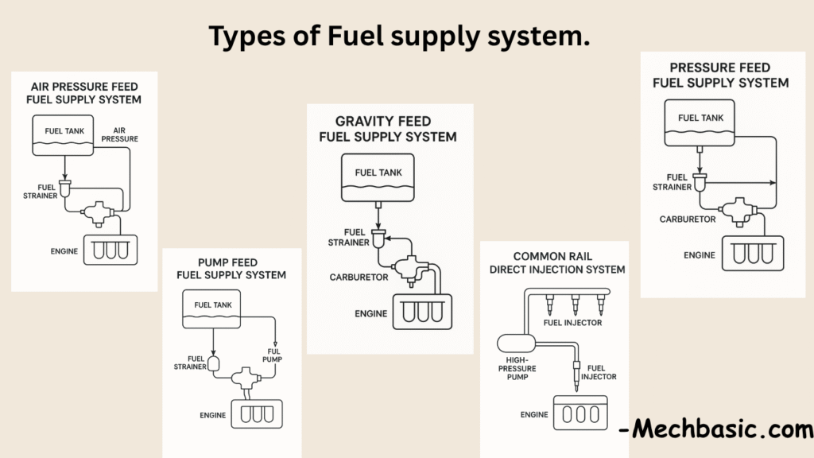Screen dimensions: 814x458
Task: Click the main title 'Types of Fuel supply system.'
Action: coord(399,37)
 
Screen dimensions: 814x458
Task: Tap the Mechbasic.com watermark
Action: coord(716,429)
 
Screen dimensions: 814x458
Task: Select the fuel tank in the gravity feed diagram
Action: coord(378,177)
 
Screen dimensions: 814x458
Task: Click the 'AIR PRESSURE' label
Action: coord(119,134)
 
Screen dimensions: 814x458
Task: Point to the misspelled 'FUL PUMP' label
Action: coord(273,355)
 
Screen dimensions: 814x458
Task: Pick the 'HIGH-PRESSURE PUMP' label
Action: coord(517,368)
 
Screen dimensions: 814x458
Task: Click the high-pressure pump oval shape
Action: coord(516,343)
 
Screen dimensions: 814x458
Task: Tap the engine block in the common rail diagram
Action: coord(580,413)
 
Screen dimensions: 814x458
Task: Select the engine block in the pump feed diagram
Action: coord(257,413)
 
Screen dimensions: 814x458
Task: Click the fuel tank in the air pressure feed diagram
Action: coord(63,135)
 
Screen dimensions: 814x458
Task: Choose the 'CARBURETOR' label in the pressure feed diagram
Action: coord(688,219)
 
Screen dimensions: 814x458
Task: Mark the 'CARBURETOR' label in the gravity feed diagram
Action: coord(359,278)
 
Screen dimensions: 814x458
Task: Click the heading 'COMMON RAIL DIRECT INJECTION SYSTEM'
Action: coord(557,262)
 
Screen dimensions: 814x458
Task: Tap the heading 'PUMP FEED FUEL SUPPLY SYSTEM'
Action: coord(231,269)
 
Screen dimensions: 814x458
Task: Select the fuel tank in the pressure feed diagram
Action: coord(700,122)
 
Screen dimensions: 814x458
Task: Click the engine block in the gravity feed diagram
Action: coord(423,312)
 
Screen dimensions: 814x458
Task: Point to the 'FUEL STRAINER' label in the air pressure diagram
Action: coord(40,192)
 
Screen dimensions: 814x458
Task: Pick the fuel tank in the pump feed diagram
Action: coord(211,309)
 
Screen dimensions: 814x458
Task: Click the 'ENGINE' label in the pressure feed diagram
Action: coord(700,255)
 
